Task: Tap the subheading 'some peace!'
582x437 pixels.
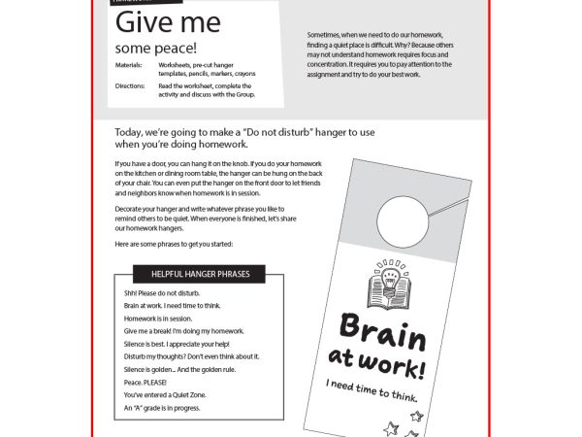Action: point(155,47)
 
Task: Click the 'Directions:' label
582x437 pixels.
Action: point(131,85)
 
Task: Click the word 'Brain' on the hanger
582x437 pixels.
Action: point(383,336)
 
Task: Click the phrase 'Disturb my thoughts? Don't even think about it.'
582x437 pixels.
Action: point(191,356)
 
